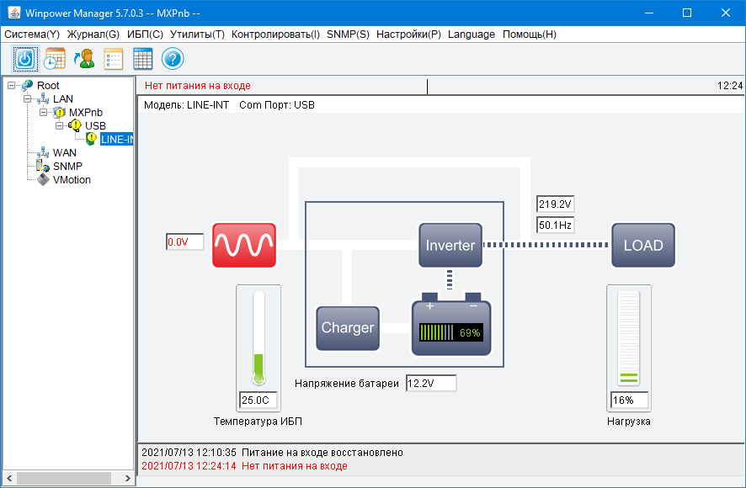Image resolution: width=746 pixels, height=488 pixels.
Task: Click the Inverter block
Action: (450, 246)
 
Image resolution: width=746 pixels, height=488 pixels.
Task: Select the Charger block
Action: (347, 328)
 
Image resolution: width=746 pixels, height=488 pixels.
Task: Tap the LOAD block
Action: (642, 246)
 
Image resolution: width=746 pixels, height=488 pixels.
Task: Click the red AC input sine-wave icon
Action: (243, 245)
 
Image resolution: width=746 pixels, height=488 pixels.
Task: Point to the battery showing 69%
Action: (450, 329)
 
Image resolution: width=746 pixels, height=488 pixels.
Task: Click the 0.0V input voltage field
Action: (185, 242)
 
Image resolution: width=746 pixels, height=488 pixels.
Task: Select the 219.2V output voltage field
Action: (555, 204)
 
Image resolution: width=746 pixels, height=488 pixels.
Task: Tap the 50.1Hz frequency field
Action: (555, 225)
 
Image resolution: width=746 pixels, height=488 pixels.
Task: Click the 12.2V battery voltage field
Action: (430, 384)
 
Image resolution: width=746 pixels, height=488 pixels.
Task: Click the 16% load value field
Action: (629, 400)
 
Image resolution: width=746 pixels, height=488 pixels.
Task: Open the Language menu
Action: (472, 34)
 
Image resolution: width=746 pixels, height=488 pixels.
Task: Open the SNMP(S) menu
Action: (347, 34)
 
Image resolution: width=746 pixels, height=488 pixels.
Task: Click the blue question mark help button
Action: (173, 59)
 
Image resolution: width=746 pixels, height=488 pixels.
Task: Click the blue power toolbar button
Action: (25, 59)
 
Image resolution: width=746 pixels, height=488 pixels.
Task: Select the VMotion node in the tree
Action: (72, 179)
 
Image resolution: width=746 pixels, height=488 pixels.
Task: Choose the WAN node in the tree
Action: (64, 152)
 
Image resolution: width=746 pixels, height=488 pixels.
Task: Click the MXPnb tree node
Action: (85, 112)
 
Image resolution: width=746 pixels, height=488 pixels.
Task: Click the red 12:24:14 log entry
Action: (244, 465)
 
